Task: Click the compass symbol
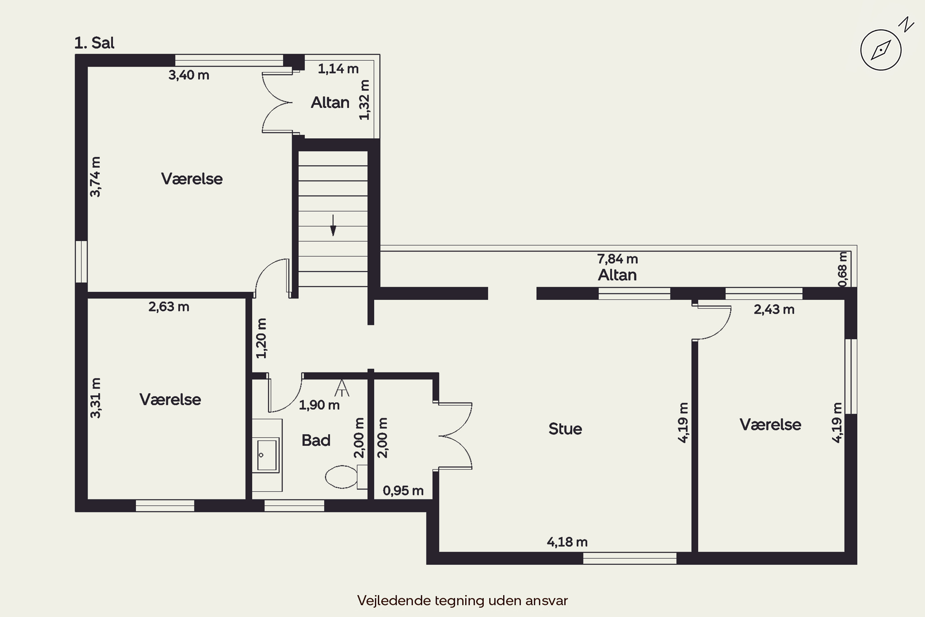tap(881, 50)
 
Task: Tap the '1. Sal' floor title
tap(94, 43)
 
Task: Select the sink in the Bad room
tap(267, 455)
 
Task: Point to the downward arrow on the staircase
tap(333, 225)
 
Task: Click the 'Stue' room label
tap(565, 429)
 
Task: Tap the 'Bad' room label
tap(316, 440)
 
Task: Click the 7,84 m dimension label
tap(618, 259)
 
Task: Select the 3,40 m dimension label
tap(189, 75)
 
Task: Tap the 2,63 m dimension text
tap(169, 307)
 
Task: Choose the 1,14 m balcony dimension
tap(338, 69)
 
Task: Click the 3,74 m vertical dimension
tap(95, 177)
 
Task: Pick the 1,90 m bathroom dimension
tap(319, 405)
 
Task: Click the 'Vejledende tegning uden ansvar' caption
tap(462, 600)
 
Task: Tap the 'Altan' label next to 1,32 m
tap(330, 102)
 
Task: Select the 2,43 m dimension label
tap(774, 310)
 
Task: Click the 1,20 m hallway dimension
tap(261, 338)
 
